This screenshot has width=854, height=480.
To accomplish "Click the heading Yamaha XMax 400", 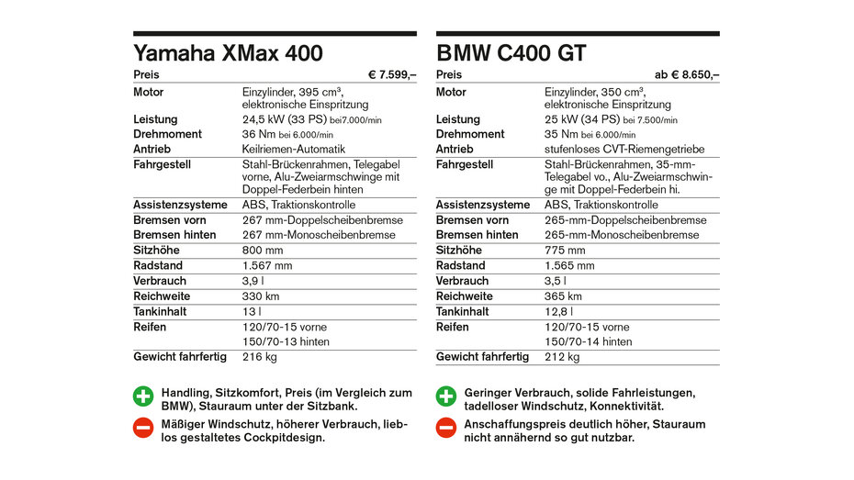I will [228, 53].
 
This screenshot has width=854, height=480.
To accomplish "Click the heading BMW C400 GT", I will [511, 53].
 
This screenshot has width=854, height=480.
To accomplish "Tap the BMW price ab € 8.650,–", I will [687, 75].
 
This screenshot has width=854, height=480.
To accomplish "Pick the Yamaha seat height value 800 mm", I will [263, 251].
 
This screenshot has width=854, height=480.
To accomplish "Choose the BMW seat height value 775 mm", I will [565, 251].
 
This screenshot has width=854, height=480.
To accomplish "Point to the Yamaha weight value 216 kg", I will [259, 357].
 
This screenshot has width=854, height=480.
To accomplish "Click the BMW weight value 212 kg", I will [562, 357].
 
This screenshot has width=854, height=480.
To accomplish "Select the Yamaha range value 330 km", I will [261, 296].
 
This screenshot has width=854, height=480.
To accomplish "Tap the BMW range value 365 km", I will [563, 296].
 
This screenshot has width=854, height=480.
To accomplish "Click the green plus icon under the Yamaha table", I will [143, 397].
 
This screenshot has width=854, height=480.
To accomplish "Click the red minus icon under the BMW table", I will [446, 428].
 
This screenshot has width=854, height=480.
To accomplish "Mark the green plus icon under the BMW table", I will [446, 397].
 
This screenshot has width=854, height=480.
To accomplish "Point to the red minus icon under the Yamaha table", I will [143, 428].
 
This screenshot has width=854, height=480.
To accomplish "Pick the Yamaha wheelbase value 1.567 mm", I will [267, 266].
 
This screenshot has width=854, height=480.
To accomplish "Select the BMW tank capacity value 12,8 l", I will [560, 312].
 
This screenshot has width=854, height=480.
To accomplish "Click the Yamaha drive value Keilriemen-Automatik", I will [294, 150].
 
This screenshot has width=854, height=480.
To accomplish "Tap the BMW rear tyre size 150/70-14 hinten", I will [588, 342].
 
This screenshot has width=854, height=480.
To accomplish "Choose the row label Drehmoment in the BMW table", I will [469, 134].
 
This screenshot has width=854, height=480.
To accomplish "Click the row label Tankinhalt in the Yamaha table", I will [161, 312].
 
